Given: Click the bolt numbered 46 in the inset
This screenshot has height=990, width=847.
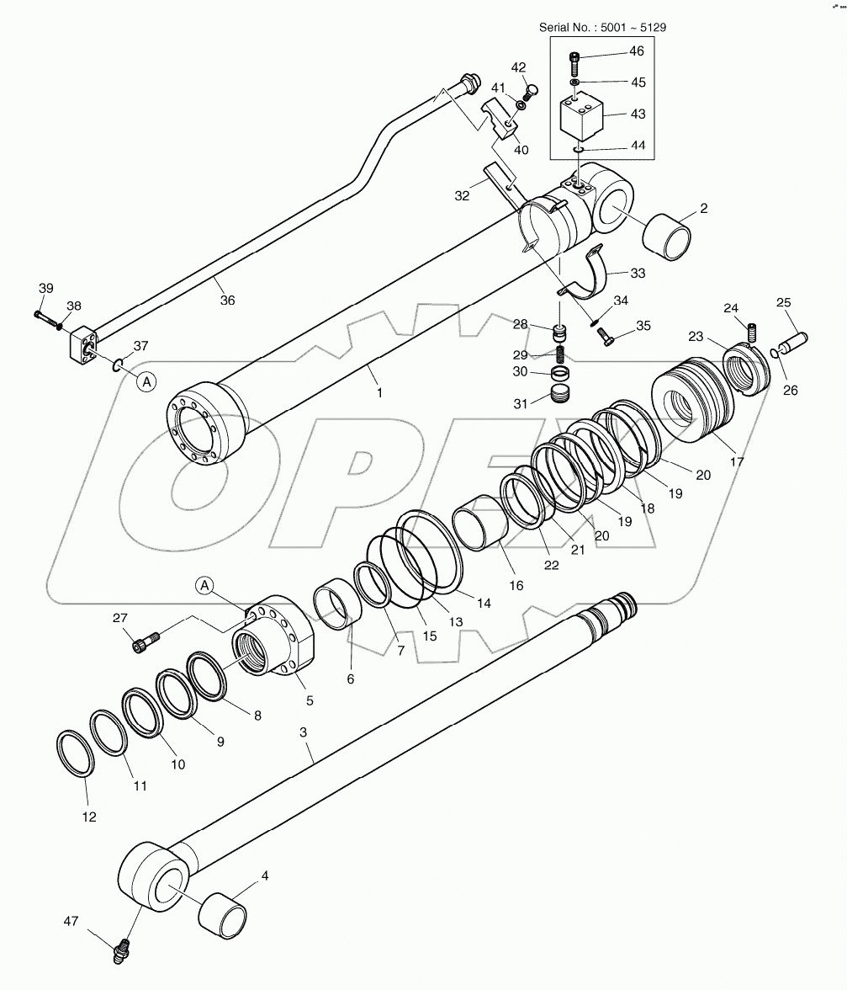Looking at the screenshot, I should (x=574, y=61).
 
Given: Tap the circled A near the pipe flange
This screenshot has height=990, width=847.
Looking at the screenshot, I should (x=146, y=381).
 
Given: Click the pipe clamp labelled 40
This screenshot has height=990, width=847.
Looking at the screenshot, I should (x=503, y=118).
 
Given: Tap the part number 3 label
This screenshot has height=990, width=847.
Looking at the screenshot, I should (x=304, y=733).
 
